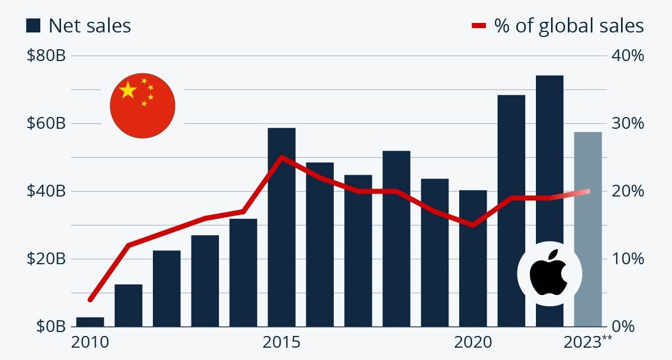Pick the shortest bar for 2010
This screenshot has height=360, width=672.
[x=90, y=321]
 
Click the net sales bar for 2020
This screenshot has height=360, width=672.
[x=473, y=258]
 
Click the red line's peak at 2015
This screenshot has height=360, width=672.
[x=281, y=157]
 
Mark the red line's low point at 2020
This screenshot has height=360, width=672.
[x=473, y=225]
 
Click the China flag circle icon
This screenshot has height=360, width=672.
[x=142, y=105]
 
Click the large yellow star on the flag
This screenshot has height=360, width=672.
[x=128, y=90]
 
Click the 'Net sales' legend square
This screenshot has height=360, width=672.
[x=34, y=25]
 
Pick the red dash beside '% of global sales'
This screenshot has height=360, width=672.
[x=479, y=26]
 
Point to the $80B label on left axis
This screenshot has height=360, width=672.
[x=46, y=56]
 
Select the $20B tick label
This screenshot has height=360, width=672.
[x=46, y=259]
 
